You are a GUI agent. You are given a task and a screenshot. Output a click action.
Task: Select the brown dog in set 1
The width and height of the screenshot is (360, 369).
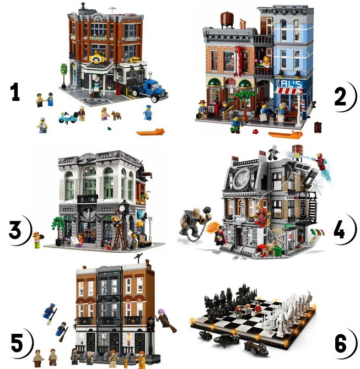click(116, 115)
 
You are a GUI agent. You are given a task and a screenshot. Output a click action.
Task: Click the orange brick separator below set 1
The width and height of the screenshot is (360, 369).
click(149, 132)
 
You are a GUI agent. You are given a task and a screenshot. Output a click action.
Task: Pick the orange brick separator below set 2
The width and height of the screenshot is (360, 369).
click(284, 134)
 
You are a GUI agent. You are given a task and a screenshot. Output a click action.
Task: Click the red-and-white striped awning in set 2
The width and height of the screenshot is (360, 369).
click(288, 91)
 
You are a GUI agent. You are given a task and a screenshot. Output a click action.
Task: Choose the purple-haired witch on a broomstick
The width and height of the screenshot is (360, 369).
click(166, 319)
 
